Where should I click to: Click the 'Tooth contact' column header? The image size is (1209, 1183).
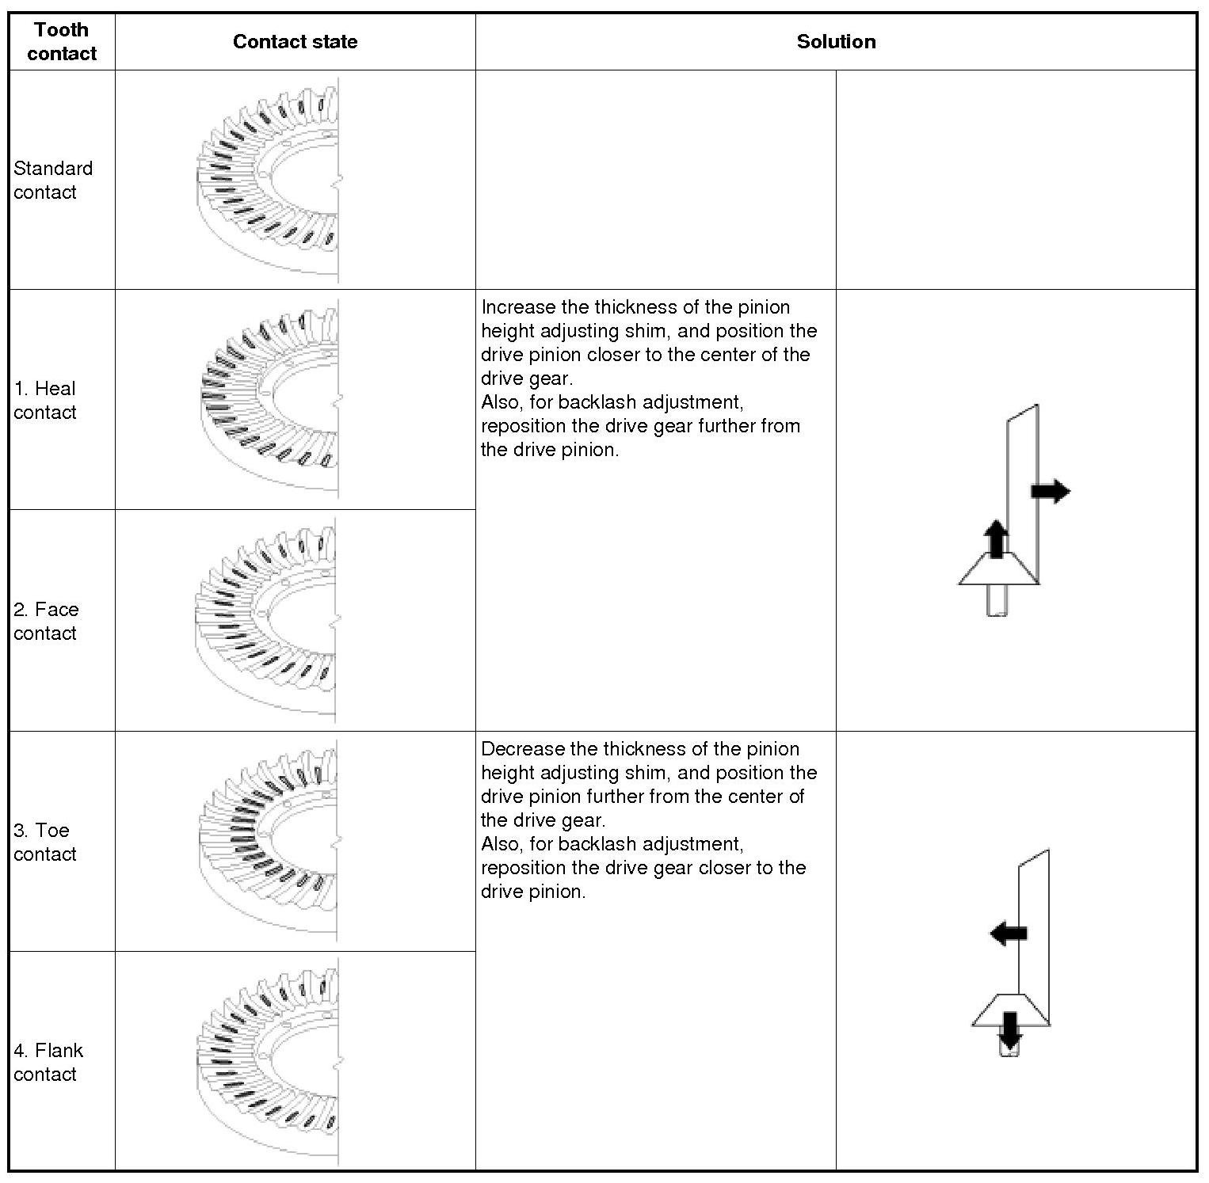point(61,42)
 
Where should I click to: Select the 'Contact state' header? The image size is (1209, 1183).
point(295,42)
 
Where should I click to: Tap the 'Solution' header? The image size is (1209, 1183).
point(836,42)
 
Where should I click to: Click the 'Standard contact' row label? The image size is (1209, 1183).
point(52,181)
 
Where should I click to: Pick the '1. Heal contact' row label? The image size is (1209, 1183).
point(45,401)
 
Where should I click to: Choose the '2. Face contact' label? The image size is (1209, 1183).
point(46,622)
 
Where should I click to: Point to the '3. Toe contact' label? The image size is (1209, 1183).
point(45,843)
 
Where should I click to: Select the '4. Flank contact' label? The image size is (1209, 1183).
point(48,1063)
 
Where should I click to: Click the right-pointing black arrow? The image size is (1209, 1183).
point(1051,492)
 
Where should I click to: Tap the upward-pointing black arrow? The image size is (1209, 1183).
point(996,538)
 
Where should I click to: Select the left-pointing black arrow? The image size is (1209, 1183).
point(1009,933)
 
